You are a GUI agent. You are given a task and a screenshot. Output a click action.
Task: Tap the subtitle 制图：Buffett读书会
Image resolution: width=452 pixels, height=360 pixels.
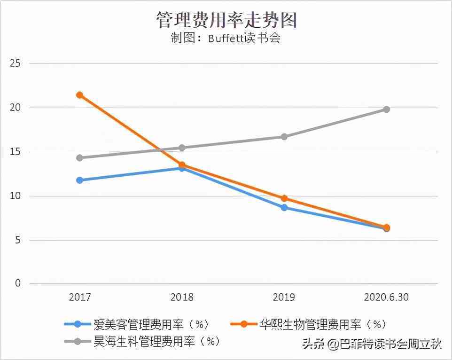[226, 39]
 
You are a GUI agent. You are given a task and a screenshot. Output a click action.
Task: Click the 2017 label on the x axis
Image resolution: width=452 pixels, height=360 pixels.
[80, 297]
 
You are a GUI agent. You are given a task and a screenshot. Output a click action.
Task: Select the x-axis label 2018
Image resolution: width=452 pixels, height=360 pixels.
[182, 297]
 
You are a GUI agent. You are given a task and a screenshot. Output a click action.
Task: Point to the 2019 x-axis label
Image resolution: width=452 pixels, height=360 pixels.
[284, 297]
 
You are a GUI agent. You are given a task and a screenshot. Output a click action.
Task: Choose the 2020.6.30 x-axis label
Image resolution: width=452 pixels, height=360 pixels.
[386, 297]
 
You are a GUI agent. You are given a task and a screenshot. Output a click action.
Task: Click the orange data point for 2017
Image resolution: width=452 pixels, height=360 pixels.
[80, 95]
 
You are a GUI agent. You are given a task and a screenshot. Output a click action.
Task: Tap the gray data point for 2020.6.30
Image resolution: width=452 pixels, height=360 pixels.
[386, 110]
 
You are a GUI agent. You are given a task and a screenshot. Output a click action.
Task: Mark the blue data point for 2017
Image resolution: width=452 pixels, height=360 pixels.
[80, 180]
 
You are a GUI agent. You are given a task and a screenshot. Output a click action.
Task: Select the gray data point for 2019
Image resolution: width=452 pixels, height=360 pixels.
[284, 137]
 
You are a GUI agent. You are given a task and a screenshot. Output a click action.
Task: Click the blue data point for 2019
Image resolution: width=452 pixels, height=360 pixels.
[284, 207]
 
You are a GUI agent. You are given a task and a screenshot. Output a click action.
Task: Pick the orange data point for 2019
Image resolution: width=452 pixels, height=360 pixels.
[284, 198]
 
